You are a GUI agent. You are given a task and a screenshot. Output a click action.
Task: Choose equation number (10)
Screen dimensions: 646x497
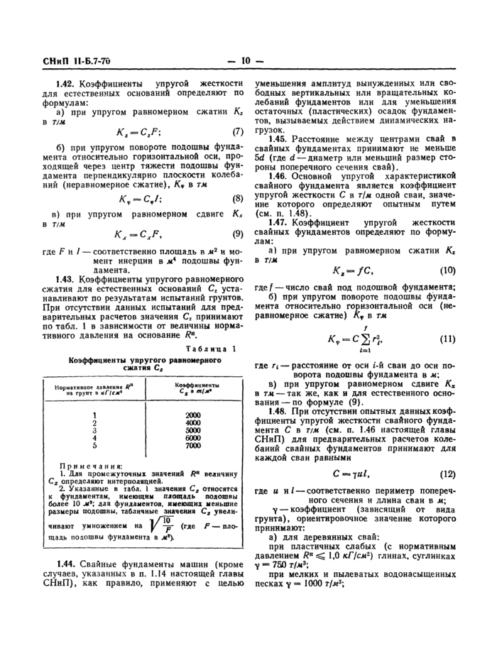click(x=447, y=270)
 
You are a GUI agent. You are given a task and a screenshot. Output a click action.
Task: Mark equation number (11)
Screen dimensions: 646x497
click(x=447, y=339)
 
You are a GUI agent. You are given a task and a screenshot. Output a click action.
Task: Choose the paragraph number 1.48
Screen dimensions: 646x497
click(x=277, y=411)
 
